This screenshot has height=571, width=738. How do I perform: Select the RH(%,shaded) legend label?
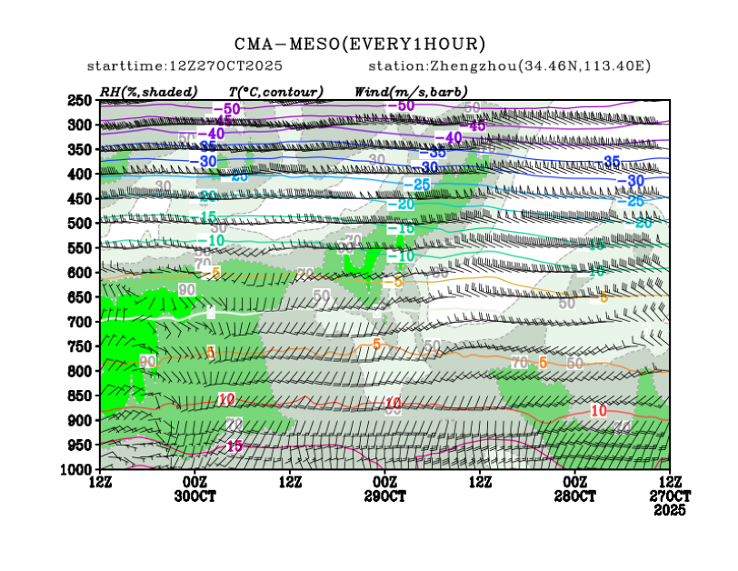click(145, 92)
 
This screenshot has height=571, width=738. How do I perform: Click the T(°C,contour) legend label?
click(276, 92)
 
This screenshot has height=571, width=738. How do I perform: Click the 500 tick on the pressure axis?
click(80, 223)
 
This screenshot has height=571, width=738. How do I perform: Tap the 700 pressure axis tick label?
click(80, 322)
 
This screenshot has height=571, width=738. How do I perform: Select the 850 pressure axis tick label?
click(80, 396)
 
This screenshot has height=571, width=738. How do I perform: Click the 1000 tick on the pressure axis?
click(77, 469)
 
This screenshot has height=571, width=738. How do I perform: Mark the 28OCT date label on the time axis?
click(574, 497)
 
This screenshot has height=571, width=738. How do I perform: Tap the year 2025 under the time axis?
click(671, 511)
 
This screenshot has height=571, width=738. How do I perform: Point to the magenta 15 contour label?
click(234, 446)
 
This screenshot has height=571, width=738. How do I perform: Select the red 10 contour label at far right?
click(598, 411)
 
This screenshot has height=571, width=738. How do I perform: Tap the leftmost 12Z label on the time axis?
click(100, 480)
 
